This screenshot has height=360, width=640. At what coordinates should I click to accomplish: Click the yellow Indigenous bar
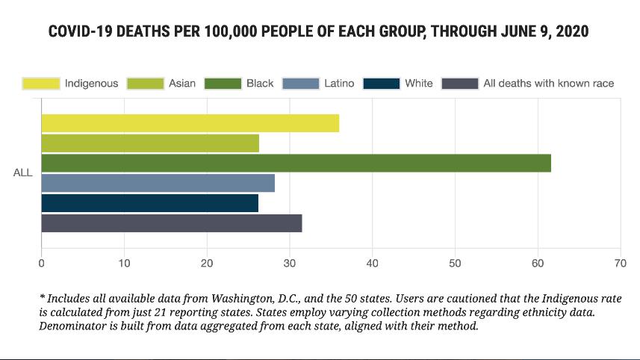190,123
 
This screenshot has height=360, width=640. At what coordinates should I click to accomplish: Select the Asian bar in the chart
149,143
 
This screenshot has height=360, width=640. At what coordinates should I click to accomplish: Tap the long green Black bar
296,163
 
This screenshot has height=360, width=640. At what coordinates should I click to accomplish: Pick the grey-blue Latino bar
158,183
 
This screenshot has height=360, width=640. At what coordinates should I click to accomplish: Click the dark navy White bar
149,203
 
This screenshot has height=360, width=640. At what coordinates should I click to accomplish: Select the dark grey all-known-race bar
171,223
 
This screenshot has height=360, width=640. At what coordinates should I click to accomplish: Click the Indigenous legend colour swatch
40,83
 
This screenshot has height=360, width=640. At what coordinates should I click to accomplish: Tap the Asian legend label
182,83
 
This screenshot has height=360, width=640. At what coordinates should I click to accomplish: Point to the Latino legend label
339,83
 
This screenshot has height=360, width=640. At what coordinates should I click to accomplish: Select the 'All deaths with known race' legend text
548,83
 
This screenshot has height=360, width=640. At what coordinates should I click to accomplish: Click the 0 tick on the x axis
41,263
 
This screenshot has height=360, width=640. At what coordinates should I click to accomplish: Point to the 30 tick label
290,263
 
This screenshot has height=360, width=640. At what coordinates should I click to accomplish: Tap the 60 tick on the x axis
537,263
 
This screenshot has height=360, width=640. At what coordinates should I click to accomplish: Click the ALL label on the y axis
22,173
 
